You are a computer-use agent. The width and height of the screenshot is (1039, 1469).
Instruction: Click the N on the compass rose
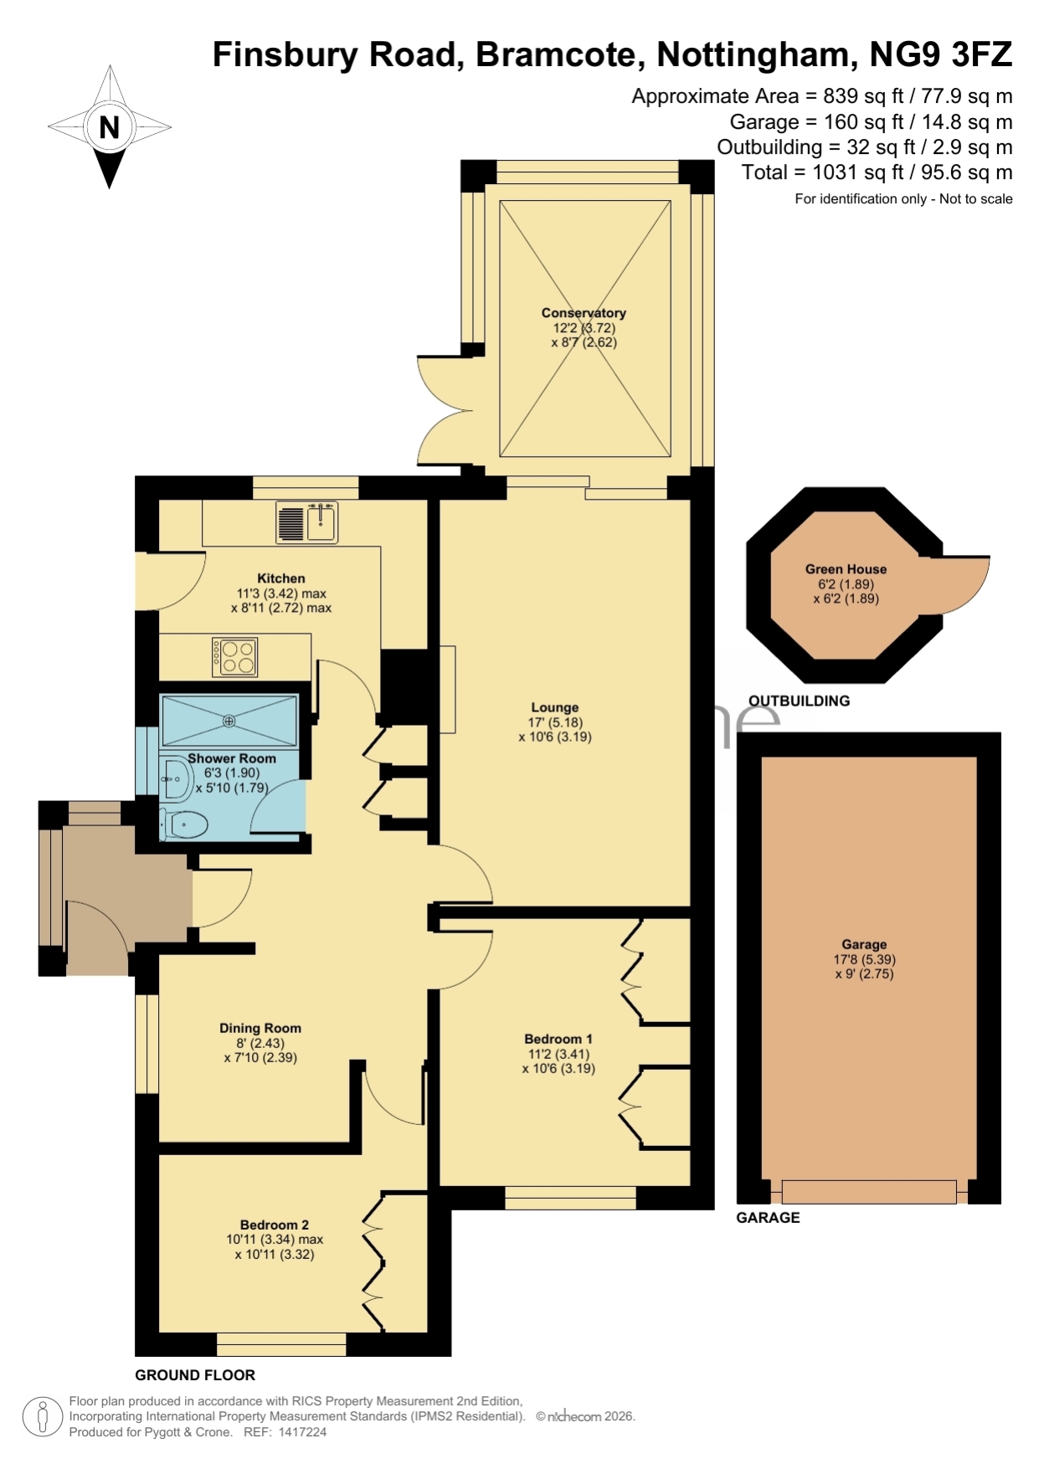tap(109, 127)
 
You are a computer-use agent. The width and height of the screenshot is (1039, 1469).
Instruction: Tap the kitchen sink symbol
tap(307, 522)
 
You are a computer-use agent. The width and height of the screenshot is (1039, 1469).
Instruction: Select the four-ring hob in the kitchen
tap(235, 657)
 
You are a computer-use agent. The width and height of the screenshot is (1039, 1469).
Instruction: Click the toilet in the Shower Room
tap(183, 824)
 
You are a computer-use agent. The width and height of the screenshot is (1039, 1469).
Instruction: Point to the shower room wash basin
tap(177, 779)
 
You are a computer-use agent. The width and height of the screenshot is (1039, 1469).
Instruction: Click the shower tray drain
tap(229, 721)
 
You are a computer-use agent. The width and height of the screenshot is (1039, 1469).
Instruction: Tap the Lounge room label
tap(554, 707)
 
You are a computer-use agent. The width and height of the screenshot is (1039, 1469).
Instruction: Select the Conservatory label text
tap(584, 313)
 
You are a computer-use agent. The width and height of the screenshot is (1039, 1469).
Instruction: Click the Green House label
tap(846, 569)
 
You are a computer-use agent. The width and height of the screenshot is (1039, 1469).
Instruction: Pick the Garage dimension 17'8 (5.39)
tap(865, 959)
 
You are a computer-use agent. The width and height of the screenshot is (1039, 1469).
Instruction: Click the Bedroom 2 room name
tap(275, 1225)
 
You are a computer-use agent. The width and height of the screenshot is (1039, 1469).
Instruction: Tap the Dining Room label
tap(260, 1028)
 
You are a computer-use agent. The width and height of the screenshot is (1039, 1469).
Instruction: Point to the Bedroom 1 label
tap(558, 1039)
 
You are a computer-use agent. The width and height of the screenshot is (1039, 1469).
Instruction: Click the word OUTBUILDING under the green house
tap(799, 701)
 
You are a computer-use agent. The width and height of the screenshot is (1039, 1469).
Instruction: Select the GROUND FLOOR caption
tap(195, 1374)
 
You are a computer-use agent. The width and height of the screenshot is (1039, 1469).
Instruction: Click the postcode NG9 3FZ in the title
tap(941, 54)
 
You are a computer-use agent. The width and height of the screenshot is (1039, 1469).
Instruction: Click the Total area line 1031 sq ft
tap(877, 172)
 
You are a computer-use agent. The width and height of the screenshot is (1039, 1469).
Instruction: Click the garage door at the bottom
tap(869, 1192)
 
